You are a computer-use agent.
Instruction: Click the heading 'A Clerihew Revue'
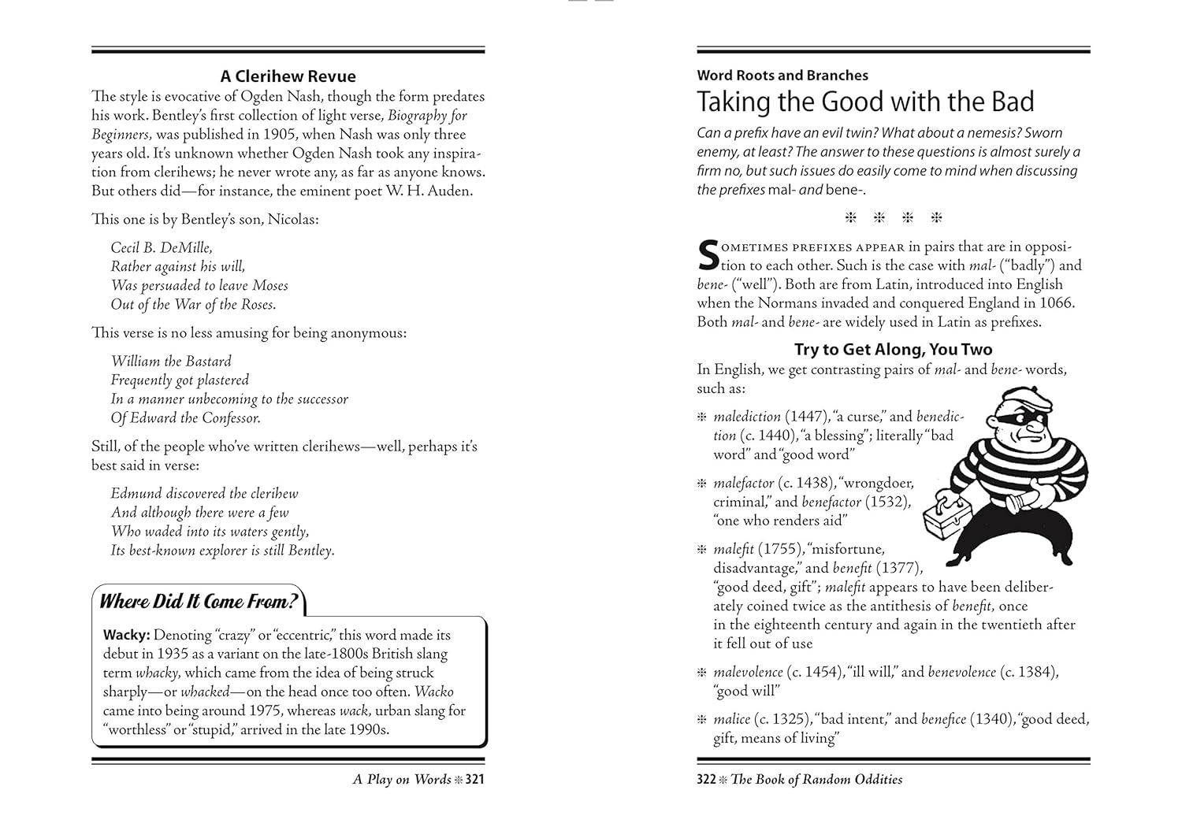tap(288, 76)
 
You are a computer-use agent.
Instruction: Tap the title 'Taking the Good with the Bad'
tap(865, 102)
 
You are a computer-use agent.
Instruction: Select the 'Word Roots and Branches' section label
tap(782, 76)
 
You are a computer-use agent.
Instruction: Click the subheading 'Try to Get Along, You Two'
tap(893, 349)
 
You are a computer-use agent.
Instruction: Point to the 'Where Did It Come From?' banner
tap(199, 602)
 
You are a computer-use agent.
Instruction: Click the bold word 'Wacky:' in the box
tap(126, 635)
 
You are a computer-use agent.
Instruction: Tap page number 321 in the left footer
tap(474, 780)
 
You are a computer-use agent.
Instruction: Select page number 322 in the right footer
tap(706, 780)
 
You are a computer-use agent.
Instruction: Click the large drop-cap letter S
tap(708, 255)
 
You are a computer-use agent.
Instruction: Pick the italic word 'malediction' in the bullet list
tap(747, 417)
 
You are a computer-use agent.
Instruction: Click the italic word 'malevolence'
tap(748, 672)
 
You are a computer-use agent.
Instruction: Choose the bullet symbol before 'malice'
tap(703, 720)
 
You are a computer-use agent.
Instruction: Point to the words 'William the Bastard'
tap(171, 362)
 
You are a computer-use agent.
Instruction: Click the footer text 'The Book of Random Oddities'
tap(816, 780)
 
